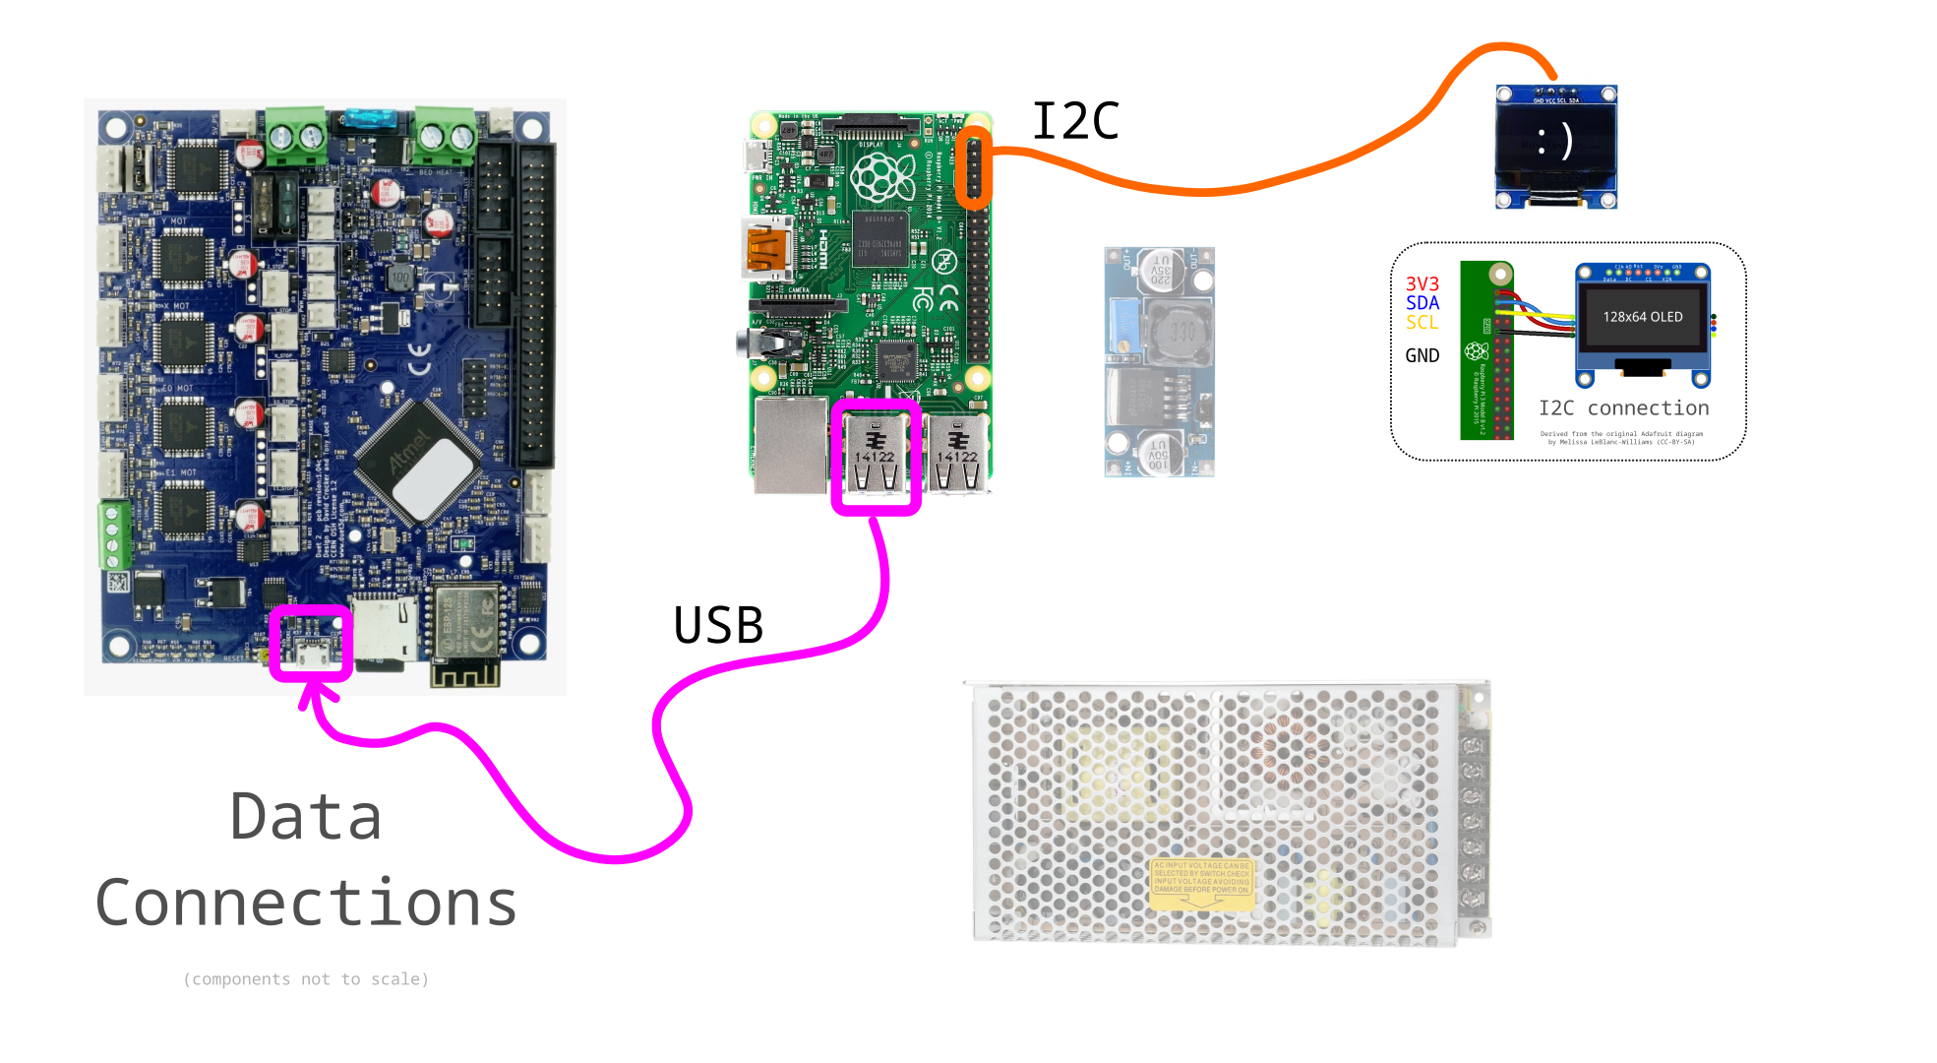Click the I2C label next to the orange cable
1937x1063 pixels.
coord(1075,122)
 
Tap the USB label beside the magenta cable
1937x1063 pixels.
coord(718,626)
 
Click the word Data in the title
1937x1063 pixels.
coord(306,817)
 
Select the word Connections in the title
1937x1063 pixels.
coord(306,904)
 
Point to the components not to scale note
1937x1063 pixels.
coord(306,979)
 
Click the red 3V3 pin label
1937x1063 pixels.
coord(1422,283)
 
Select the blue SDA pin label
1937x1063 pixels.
coord(1422,303)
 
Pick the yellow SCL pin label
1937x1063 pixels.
coord(1422,323)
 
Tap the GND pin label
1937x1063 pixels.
coord(1422,356)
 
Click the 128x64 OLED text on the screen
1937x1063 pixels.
coord(1643,317)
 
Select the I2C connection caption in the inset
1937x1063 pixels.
coord(1623,408)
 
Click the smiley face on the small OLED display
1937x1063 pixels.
coord(1555,142)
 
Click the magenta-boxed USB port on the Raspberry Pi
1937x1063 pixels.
coord(876,457)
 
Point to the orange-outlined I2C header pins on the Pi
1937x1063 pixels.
coord(974,167)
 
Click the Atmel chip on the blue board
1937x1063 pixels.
coord(419,459)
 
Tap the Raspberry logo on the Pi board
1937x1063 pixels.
coord(882,178)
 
